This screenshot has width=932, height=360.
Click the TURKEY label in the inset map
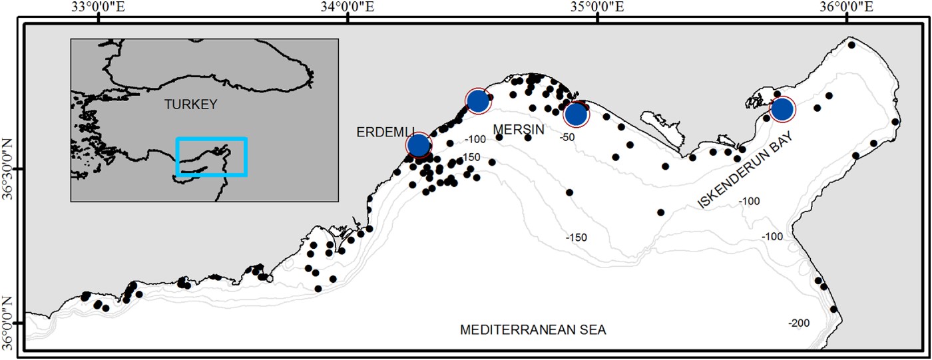tap(192, 104)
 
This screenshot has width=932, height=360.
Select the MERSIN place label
tap(519, 128)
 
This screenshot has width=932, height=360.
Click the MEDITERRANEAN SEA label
tap(534, 330)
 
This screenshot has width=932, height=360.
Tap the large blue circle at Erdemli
tap(418, 144)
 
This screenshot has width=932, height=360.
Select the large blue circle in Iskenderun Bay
tap(782, 108)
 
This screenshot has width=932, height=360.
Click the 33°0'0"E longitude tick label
tap(99, 9)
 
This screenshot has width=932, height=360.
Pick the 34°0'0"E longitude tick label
tap(348, 9)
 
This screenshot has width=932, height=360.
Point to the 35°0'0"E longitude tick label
tap(597, 9)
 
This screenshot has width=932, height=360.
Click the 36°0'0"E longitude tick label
tap(846, 9)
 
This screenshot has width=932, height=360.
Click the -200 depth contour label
tap(799, 323)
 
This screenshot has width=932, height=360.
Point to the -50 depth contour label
tap(567, 137)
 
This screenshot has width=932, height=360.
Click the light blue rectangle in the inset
tap(212, 157)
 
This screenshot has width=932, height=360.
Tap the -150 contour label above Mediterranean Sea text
tap(577, 238)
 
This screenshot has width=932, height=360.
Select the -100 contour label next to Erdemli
tap(476, 140)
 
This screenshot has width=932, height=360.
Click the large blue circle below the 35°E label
tap(577, 114)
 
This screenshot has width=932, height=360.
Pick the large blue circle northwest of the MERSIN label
tap(478, 101)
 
